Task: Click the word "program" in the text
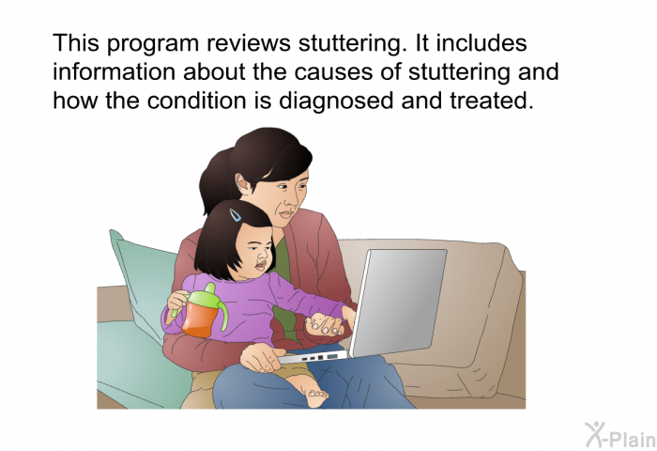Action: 152,44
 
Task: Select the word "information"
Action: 114,71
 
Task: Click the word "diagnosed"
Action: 336,101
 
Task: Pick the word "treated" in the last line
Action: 492,101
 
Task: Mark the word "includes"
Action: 481,43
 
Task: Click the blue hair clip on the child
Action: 235,215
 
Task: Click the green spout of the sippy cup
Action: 209,288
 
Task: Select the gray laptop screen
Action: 398,302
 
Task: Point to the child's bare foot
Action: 316,397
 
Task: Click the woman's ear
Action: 241,183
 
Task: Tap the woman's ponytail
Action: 215,181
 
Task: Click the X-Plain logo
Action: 620,435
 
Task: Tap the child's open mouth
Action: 260,266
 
